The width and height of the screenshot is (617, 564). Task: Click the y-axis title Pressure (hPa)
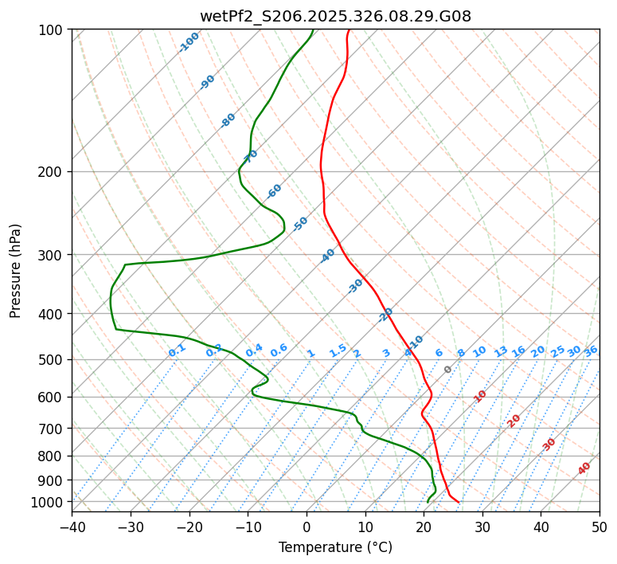(x=16, y=270)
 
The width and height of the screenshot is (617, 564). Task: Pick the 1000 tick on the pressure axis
(x=50, y=502)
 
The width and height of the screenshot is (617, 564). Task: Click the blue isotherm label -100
(x=189, y=41)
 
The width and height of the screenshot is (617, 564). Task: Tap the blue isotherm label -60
(x=274, y=191)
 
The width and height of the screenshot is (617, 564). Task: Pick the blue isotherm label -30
(x=356, y=285)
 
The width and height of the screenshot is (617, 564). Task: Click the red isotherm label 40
(x=584, y=468)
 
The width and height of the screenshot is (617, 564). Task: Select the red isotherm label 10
(x=480, y=396)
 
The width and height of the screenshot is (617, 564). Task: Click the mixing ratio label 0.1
(x=177, y=351)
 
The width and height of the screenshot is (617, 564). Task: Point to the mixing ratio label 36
(x=591, y=351)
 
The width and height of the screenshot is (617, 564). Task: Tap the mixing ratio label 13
(x=501, y=351)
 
